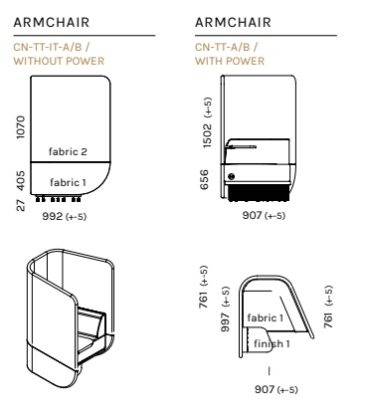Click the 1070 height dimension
coord(21,127)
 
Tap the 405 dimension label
coord(21,181)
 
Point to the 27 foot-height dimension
coord(21,205)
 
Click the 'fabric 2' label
coord(68,151)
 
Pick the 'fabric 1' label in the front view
coord(68,182)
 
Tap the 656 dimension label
coord(205,179)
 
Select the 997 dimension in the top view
coord(225,309)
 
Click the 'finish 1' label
coord(272,343)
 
